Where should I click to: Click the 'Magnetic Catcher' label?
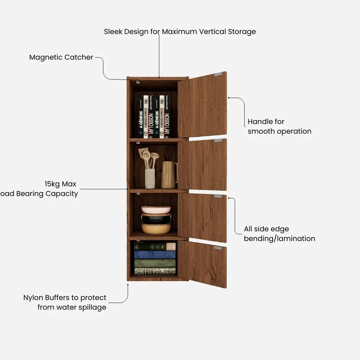(x=61, y=57)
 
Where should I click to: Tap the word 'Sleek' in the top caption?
(x=113, y=32)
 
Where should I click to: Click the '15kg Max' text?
(x=60, y=184)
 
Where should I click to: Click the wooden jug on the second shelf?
(x=168, y=175)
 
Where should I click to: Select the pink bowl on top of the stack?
(x=156, y=209)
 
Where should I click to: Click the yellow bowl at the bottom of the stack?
(x=156, y=228)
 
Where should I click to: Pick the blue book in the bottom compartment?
(x=155, y=255)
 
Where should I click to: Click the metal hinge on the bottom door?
(x=218, y=248)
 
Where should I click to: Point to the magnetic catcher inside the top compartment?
(x=138, y=82)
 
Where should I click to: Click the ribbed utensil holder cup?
(x=150, y=178)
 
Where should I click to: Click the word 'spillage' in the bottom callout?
(x=90, y=307)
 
